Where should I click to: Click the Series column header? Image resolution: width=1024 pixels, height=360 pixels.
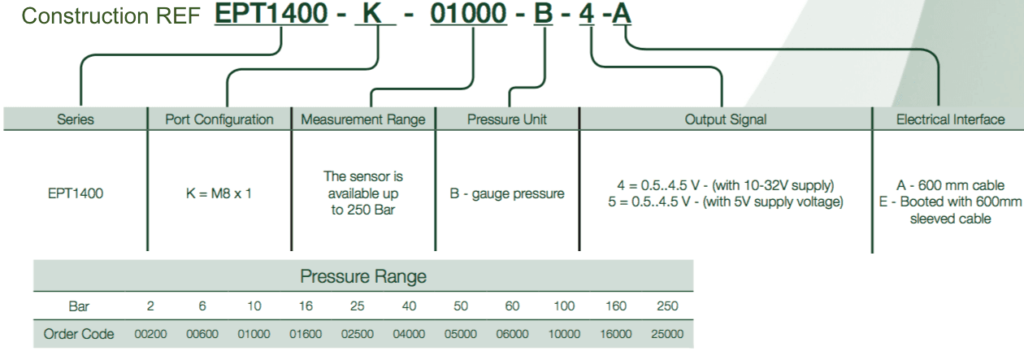[76, 119]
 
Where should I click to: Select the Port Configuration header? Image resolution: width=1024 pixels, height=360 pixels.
[219, 119]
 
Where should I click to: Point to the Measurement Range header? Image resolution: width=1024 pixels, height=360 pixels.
[363, 119]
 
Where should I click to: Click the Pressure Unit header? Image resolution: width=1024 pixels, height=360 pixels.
[507, 119]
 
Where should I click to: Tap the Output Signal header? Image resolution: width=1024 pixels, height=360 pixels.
[725, 119]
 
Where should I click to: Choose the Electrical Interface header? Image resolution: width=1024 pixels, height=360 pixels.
[949, 119]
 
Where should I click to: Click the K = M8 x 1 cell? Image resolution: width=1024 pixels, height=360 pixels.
[219, 195]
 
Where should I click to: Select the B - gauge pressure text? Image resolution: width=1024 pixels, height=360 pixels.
[507, 195]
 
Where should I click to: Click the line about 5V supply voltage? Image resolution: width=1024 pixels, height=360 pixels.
[725, 202]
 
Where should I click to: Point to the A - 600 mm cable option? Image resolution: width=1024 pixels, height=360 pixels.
[949, 185]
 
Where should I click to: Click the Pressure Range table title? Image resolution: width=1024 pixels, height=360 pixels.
[363, 276]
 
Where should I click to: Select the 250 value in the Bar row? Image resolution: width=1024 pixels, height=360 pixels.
[666, 306]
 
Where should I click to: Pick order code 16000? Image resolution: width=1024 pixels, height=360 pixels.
[615, 334]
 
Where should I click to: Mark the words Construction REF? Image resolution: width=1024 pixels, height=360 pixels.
[104, 16]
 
